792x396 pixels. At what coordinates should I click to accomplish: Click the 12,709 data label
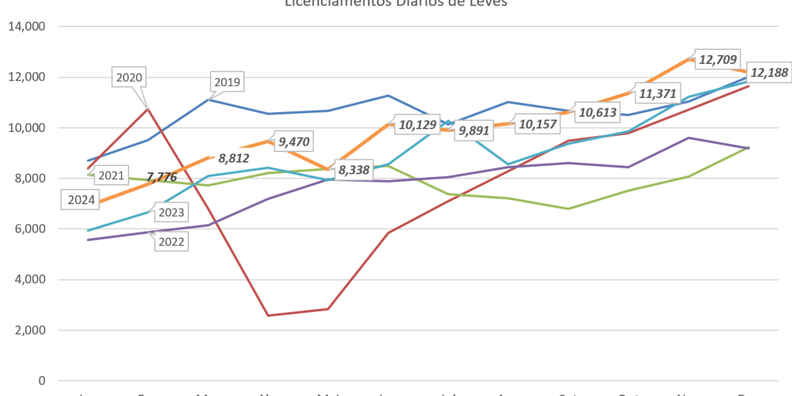tap(718, 60)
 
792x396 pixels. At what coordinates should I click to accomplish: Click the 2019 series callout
tap(227, 83)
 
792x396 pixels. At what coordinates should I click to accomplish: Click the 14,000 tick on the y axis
tap(26, 26)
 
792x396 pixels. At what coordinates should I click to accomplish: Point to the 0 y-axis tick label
tap(42, 381)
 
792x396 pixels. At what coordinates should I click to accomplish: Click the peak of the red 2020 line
tap(147, 108)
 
